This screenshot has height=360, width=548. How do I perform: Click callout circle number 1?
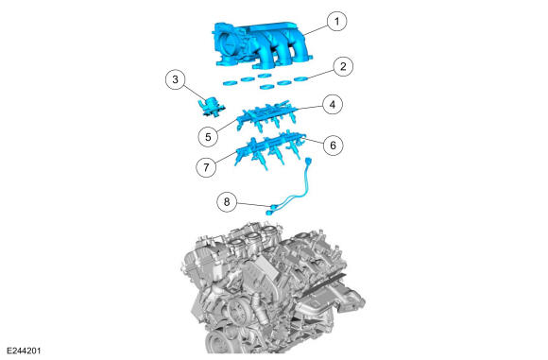(x=337, y=22)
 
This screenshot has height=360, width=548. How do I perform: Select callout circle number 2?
(x=343, y=66)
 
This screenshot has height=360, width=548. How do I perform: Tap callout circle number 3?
(x=176, y=79)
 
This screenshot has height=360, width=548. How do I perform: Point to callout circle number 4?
(x=333, y=104)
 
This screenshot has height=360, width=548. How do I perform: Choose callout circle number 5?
(x=208, y=137)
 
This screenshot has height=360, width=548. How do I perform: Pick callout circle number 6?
(x=333, y=145)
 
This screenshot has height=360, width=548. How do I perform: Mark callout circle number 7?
(x=206, y=167)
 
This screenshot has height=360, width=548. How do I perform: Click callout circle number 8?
(x=227, y=201)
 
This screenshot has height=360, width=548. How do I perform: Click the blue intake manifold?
(x=262, y=44)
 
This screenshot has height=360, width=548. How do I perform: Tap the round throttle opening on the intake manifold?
(x=230, y=45)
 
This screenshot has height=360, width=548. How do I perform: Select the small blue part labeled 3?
(x=211, y=107)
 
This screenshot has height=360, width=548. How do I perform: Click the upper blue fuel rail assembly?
(x=267, y=114)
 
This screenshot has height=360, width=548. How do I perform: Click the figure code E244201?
(x=24, y=351)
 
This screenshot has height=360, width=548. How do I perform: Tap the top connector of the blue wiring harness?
(x=308, y=162)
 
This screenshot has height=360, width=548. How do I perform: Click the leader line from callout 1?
(x=316, y=29)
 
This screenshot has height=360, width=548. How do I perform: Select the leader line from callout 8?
(x=252, y=204)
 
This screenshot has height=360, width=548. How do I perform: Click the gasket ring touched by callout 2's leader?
(x=300, y=79)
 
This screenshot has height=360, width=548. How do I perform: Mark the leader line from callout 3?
(x=196, y=94)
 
